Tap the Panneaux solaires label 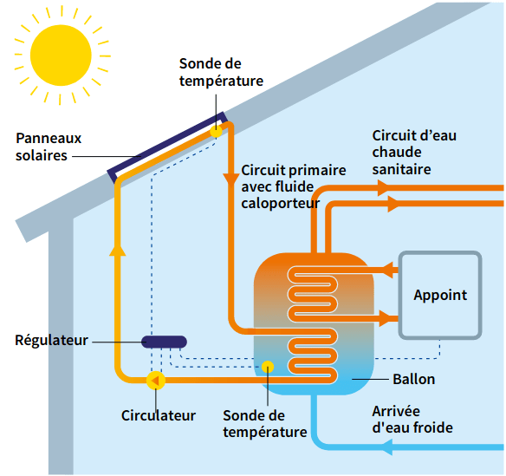[48, 147]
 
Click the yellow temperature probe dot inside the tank [268, 366]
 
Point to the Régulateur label [51, 341]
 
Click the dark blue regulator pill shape [165, 341]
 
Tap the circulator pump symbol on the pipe [156, 378]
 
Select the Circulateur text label [159, 415]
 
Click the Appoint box [440, 296]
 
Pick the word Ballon [413, 380]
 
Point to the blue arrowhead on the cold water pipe [387, 447]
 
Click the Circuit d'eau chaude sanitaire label [413, 153]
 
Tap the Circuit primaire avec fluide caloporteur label [293, 186]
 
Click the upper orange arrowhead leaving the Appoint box [390, 271]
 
